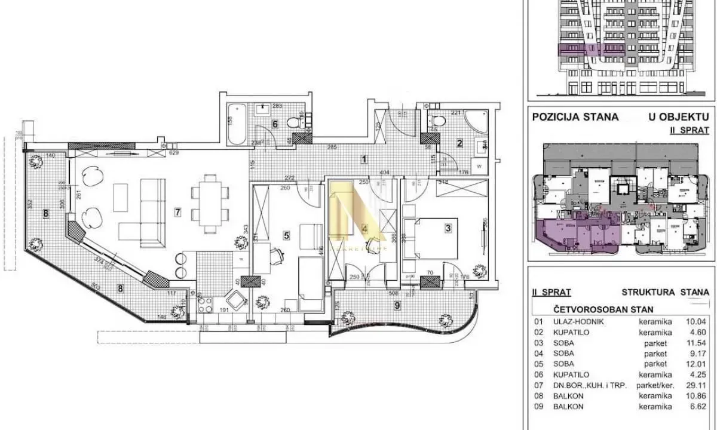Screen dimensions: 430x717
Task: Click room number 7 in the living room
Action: pos(177,211)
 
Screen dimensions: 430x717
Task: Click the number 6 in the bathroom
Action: pos(275,124)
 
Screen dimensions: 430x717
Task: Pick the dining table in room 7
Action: pos(210,203)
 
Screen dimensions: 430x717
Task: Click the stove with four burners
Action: pos(204,305)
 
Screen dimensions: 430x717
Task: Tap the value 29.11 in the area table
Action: pos(697,386)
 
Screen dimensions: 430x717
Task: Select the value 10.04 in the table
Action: pos(697,321)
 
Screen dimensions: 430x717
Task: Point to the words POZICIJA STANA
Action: pos(575,117)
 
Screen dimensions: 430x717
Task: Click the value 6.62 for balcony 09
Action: pos(698,407)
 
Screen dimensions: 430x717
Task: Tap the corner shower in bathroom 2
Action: pos(477,121)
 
